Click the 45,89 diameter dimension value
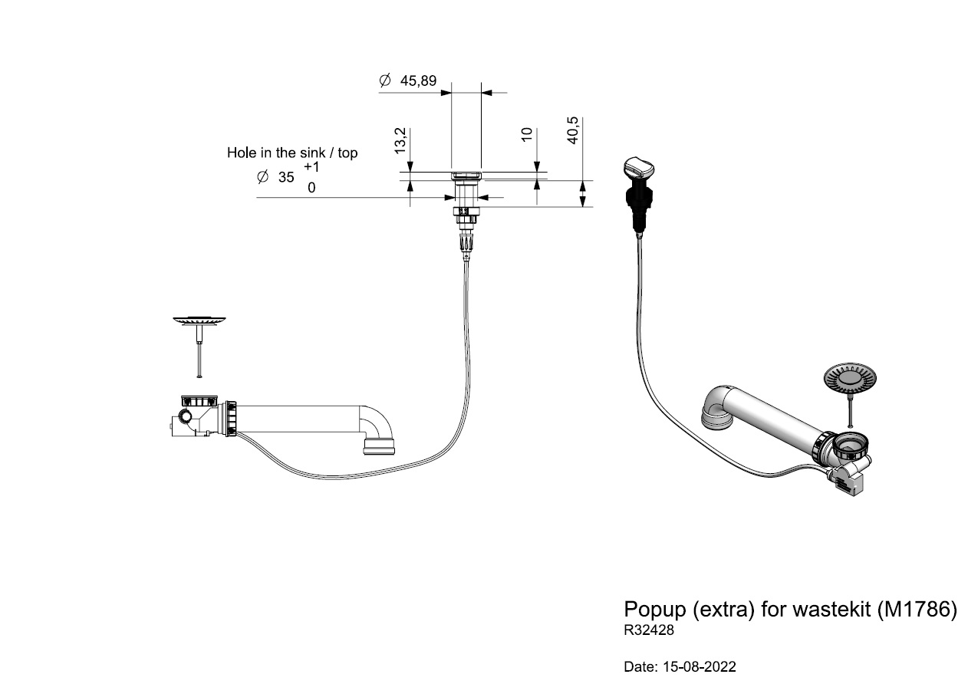419,81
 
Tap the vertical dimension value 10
527,134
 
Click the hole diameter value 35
286,177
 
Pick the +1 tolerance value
311,166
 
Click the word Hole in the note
241,153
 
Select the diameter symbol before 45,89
385,81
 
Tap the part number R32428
649,632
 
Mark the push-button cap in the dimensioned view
466,176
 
